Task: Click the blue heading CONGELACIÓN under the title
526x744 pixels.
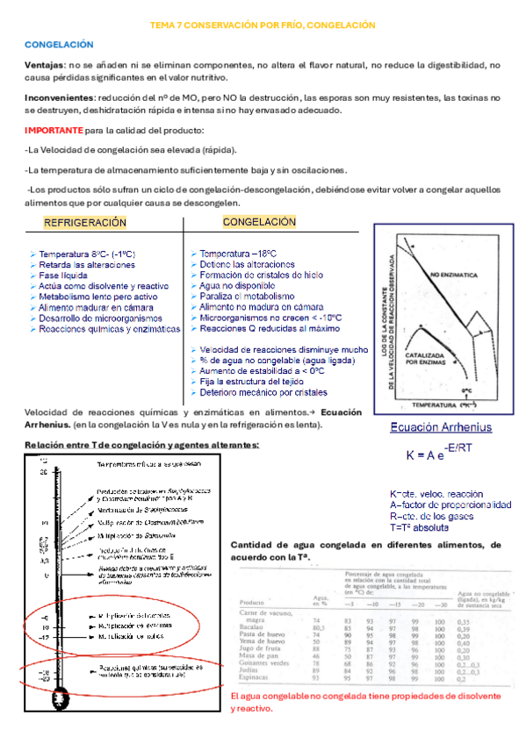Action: point(58,44)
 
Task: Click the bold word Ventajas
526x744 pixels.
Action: point(44,65)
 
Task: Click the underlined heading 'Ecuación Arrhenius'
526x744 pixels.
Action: point(440,428)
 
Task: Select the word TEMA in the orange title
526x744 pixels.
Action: point(165,25)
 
